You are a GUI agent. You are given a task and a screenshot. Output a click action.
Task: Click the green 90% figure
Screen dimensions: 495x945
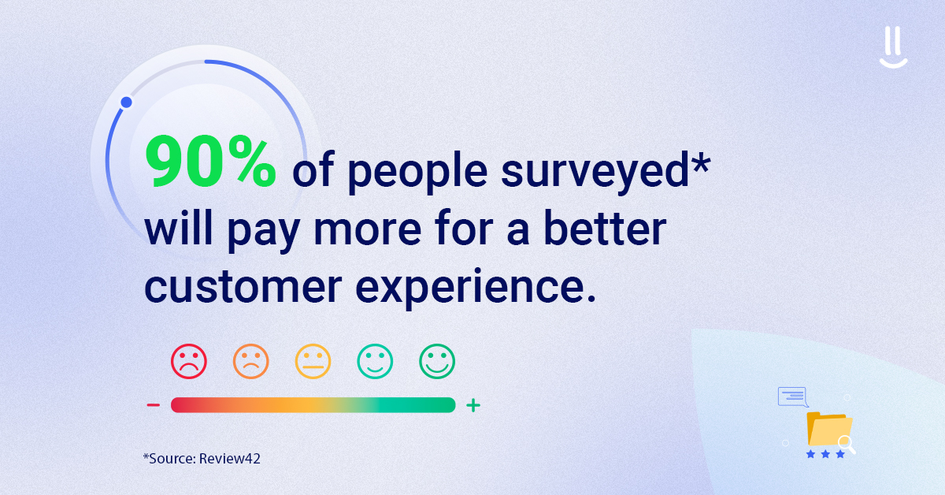click(210, 163)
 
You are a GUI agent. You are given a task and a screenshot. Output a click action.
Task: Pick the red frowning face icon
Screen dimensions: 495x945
click(188, 362)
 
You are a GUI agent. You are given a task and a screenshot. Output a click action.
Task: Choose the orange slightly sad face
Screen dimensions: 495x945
click(250, 362)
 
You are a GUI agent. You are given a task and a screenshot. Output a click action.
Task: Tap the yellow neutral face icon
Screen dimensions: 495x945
click(313, 362)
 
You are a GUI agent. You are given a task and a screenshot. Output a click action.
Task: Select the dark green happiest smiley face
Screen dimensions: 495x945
click(437, 362)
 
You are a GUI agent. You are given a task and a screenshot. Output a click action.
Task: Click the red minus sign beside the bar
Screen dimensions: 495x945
click(154, 406)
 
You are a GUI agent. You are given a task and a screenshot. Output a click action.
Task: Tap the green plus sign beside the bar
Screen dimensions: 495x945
click(472, 406)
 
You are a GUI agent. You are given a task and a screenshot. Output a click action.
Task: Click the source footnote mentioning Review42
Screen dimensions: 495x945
click(202, 458)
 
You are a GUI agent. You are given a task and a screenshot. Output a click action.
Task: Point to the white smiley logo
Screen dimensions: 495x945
click(894, 50)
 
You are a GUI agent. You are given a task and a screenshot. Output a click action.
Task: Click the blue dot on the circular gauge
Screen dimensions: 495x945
click(126, 102)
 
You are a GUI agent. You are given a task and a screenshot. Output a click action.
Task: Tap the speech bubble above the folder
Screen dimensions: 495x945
click(792, 396)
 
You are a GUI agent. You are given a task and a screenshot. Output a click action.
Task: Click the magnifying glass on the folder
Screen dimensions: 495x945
click(847, 444)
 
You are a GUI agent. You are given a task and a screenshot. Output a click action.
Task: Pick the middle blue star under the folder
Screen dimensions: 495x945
click(825, 455)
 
